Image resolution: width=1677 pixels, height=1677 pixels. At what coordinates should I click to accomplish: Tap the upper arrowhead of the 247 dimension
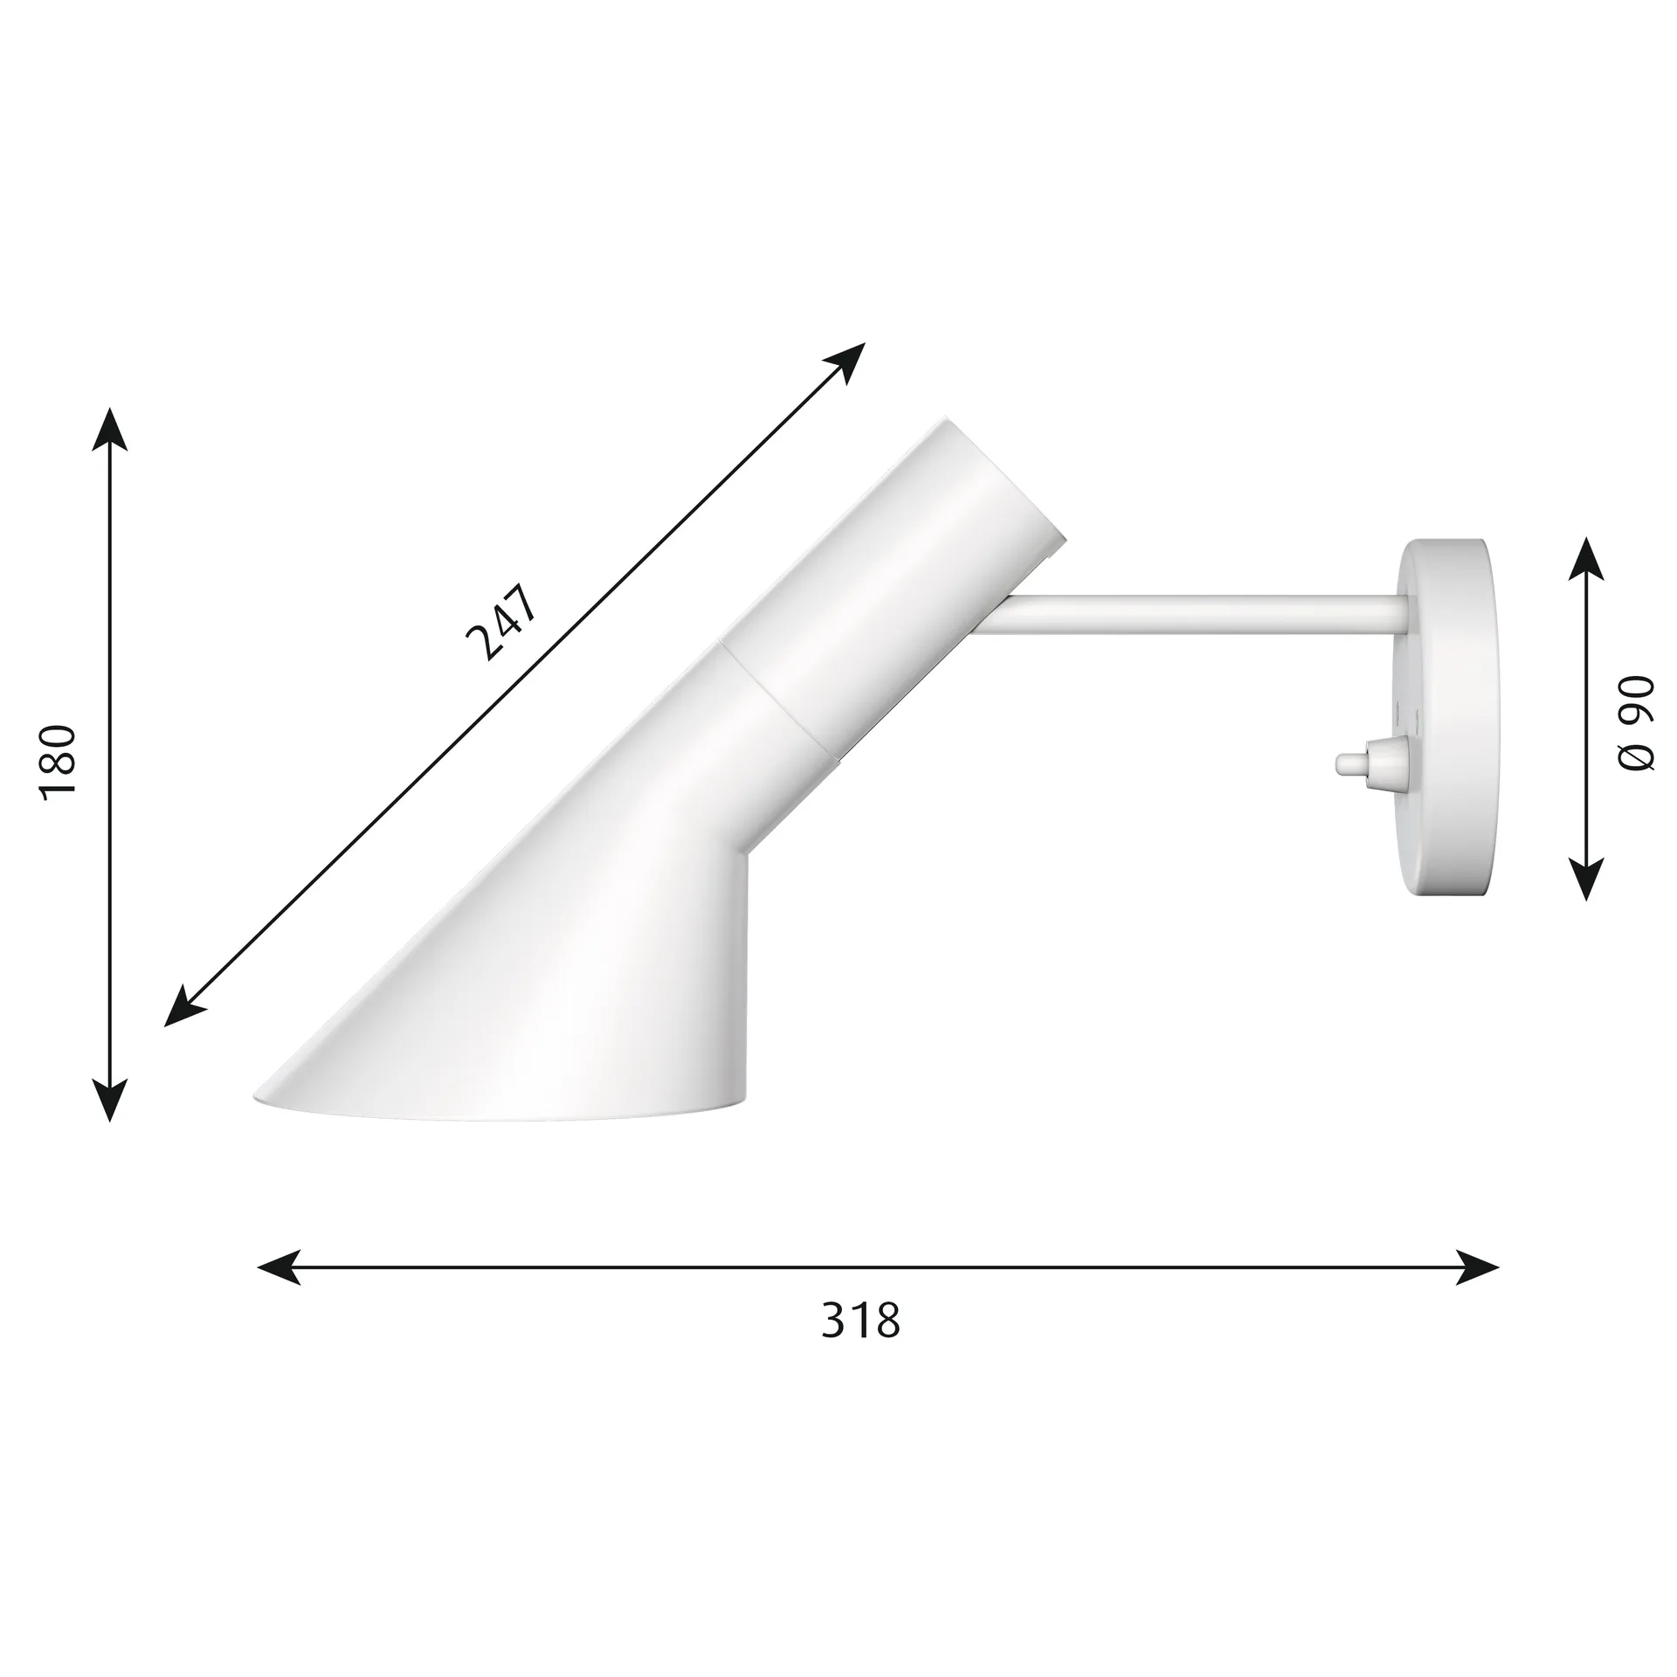tap(845, 360)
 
